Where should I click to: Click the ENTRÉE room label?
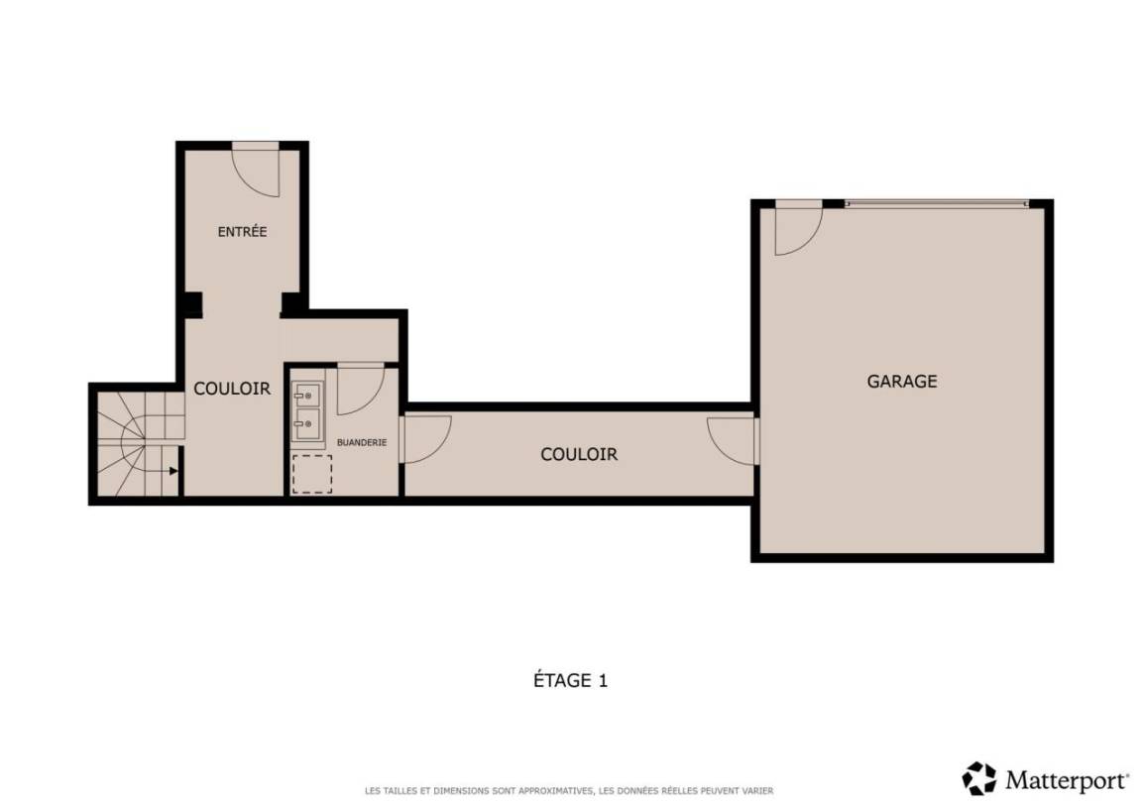242,232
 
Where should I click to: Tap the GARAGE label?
902,381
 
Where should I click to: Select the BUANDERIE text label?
361,442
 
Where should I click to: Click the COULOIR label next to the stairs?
232,389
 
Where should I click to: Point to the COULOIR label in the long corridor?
579,454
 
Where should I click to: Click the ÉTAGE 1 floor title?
570,680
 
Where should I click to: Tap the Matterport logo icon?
978,778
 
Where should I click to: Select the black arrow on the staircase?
173,471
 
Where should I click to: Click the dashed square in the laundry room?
311,474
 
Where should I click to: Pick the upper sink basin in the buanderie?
307,396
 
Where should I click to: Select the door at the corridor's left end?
425,439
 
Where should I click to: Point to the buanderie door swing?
361,390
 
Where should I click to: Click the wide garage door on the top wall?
938,204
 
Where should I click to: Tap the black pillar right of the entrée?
290,303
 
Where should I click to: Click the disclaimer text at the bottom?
569,790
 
